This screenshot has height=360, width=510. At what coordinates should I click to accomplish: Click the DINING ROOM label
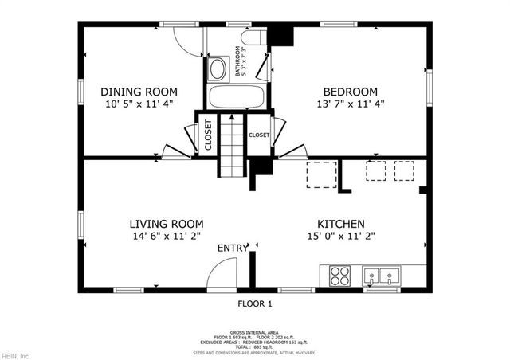click(139, 92)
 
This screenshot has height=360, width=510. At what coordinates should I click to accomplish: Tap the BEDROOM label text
click(349, 92)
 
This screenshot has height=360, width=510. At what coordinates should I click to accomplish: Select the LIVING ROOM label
click(167, 224)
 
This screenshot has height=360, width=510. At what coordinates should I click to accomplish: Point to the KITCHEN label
click(341, 224)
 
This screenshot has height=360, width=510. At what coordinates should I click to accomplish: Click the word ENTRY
click(233, 248)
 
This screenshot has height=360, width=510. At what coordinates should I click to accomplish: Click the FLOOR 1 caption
click(255, 303)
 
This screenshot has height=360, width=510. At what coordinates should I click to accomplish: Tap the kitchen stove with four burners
click(339, 275)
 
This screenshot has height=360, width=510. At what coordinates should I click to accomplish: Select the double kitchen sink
click(382, 276)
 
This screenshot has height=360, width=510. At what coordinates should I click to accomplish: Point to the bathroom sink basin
click(217, 69)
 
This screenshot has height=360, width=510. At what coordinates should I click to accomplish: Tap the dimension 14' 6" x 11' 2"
click(167, 237)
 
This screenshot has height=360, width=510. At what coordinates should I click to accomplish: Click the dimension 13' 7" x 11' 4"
click(349, 104)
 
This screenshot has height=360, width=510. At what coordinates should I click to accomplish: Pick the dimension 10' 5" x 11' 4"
click(139, 104)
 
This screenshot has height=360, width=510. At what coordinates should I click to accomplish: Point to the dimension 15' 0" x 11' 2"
click(341, 237)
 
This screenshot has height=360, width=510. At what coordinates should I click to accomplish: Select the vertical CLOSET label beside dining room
click(207, 135)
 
